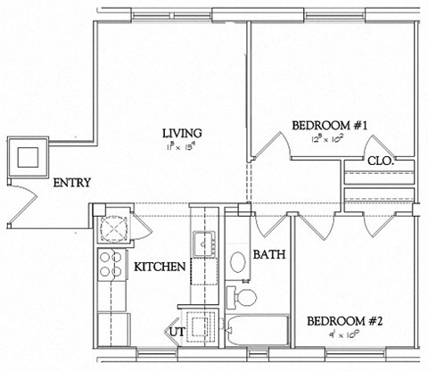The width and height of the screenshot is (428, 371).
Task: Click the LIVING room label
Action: pyautogui.click(x=181, y=134)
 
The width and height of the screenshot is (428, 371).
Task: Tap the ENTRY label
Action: pyautogui.click(x=71, y=184)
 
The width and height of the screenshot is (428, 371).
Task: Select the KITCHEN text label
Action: pyautogui.click(x=160, y=267)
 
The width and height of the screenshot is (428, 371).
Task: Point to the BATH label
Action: pyautogui.click(x=268, y=255)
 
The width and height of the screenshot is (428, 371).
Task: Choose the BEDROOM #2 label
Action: pyautogui.click(x=338, y=321)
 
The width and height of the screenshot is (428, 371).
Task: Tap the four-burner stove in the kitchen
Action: pyautogui.click(x=113, y=265)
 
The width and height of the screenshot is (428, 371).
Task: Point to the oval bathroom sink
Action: pyautogui.click(x=239, y=262)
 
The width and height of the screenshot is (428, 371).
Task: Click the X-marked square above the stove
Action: pyautogui.click(x=114, y=228)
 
